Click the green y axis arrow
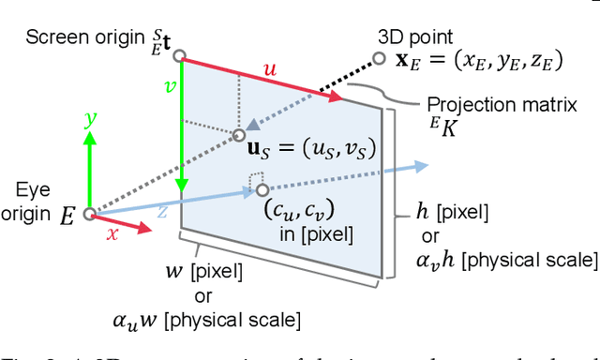coord(89,169)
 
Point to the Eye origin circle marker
coord(89,214)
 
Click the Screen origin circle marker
coord(179,56)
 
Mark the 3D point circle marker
coord(379,58)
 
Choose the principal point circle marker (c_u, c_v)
coord(262,190)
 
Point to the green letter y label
coord(89,118)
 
